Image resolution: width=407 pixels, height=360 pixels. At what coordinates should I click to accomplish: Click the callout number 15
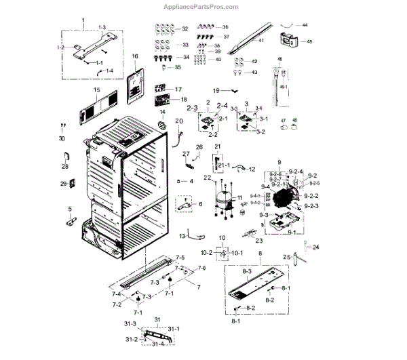point(96,90)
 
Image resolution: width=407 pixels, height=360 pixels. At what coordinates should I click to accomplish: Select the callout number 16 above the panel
point(134,56)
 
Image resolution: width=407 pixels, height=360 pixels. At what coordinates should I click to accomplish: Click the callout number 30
point(62,138)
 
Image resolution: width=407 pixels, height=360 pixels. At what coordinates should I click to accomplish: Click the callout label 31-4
point(157,344)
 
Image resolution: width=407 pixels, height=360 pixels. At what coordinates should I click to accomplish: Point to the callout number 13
point(182,235)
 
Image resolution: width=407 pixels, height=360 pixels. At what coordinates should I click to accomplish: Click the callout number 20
point(180,121)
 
